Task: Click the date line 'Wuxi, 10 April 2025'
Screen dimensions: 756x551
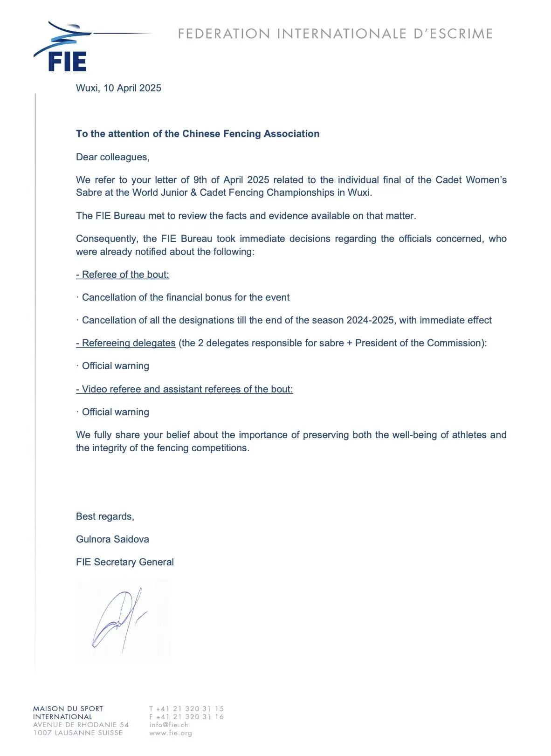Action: (118, 88)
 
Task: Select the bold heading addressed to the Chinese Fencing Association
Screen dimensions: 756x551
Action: (198, 134)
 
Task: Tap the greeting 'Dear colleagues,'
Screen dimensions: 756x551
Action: (113, 157)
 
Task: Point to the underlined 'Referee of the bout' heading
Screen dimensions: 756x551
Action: (123, 275)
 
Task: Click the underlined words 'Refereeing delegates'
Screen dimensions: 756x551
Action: (126, 343)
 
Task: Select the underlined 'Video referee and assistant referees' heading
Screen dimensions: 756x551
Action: (185, 389)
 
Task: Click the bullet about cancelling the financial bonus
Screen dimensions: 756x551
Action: (186, 297)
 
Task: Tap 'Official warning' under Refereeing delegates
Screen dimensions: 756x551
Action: (115, 366)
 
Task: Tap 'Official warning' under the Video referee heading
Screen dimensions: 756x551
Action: (115, 412)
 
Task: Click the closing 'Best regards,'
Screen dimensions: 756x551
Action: (105, 516)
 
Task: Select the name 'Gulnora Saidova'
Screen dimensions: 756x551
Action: (112, 539)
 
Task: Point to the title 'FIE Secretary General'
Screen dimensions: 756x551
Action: (124, 562)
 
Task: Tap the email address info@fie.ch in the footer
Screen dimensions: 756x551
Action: (169, 725)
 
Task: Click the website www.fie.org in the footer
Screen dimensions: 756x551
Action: (171, 733)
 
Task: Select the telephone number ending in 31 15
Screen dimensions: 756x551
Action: (186, 708)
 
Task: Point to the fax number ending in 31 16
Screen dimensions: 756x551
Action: (186, 717)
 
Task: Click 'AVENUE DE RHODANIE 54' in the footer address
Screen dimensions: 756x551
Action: (81, 725)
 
